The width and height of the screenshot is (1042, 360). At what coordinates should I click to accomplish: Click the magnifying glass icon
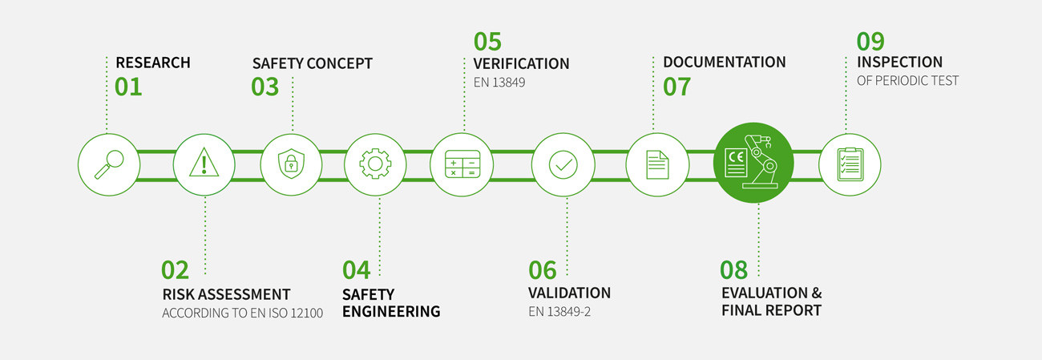[109, 164]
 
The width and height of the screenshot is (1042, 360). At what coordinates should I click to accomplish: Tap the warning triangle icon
[204, 164]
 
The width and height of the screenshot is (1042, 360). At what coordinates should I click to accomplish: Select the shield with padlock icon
[291, 164]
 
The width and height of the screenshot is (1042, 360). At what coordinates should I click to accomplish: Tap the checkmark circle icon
[563, 164]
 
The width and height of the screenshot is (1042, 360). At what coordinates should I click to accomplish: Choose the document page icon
[657, 164]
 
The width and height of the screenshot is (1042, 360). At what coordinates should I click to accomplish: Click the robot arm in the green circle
[761, 161]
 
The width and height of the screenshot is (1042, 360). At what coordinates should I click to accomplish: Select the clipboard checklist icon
[850, 164]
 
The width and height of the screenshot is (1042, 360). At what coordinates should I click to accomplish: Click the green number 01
[128, 87]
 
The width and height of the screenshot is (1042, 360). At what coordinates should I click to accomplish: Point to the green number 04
[357, 269]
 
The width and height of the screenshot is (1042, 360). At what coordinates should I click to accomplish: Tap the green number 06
[542, 269]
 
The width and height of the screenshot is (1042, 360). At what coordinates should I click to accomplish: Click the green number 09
[870, 40]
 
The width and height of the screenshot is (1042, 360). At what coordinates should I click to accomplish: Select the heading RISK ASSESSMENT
[226, 294]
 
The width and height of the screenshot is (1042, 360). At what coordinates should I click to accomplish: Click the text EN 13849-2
[559, 312]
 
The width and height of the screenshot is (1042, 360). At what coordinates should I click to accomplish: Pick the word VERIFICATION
[521, 63]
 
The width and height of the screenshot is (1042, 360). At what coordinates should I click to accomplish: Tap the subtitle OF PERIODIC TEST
[907, 81]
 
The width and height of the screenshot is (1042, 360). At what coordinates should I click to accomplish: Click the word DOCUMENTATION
[724, 62]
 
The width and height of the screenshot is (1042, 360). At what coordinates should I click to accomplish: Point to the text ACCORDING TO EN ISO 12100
[242, 313]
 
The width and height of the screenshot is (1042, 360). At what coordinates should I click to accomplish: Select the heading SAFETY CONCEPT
[312, 63]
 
